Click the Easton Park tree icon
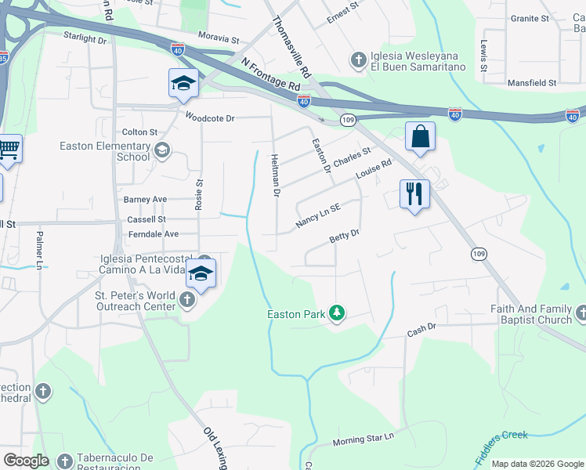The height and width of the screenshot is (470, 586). [x=337, y=313]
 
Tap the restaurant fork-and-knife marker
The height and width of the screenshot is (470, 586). [x=414, y=192]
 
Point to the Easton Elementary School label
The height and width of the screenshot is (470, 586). [x=105, y=151]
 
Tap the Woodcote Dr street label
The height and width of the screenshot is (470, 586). [x=210, y=117]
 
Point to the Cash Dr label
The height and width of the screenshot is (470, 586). [x=421, y=333]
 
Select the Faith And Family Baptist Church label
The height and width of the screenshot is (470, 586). [x=531, y=314]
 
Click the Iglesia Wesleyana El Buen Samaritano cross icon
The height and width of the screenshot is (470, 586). [x=358, y=60]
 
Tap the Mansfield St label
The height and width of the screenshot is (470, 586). [x=532, y=82]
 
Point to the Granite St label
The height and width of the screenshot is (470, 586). [x=530, y=18]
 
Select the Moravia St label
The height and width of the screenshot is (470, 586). [x=219, y=38]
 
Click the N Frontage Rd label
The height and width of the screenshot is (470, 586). [x=271, y=73]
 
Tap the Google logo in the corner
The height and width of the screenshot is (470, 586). [x=26, y=461]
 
